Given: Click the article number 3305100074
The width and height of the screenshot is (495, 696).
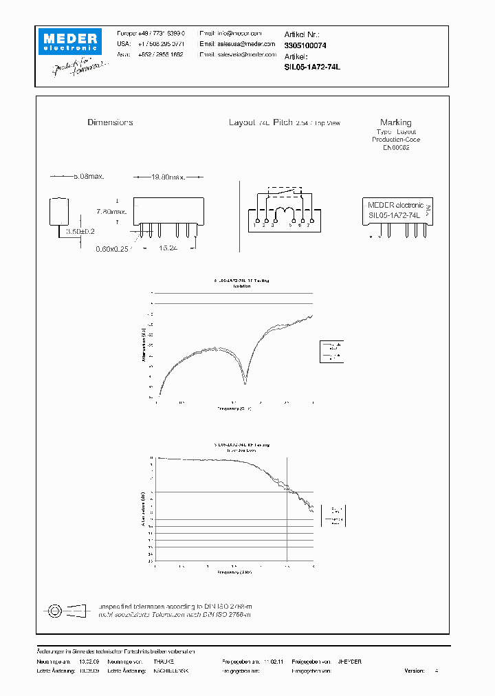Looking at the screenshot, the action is [x=305, y=45].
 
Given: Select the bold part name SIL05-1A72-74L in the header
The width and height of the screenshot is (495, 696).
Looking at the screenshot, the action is [x=311, y=67].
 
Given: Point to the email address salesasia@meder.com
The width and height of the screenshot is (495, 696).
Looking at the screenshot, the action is [x=232, y=54].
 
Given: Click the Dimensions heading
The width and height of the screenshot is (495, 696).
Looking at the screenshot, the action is [x=110, y=122].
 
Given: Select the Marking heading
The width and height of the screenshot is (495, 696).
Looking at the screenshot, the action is [x=395, y=122].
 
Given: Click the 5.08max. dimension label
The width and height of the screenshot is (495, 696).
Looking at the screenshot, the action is [x=88, y=177].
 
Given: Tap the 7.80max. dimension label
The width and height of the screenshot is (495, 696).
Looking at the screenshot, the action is [x=111, y=211].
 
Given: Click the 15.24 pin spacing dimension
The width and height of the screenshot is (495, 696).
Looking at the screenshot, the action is [x=168, y=248].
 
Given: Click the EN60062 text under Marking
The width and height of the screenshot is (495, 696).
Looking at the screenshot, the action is [x=396, y=148].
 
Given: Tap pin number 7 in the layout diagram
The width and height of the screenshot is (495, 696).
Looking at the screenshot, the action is [x=308, y=225].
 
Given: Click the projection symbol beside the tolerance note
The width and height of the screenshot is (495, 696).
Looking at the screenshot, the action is [x=68, y=609].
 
